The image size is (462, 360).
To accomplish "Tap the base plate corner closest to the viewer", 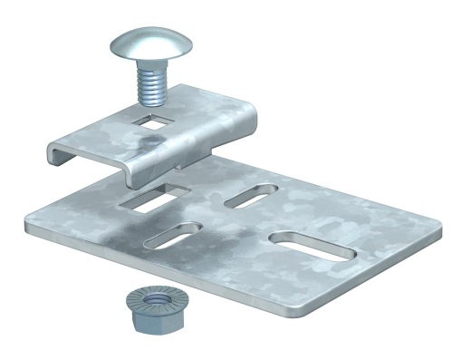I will click(313, 308).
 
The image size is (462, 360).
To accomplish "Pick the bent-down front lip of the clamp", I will click(136, 168).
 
